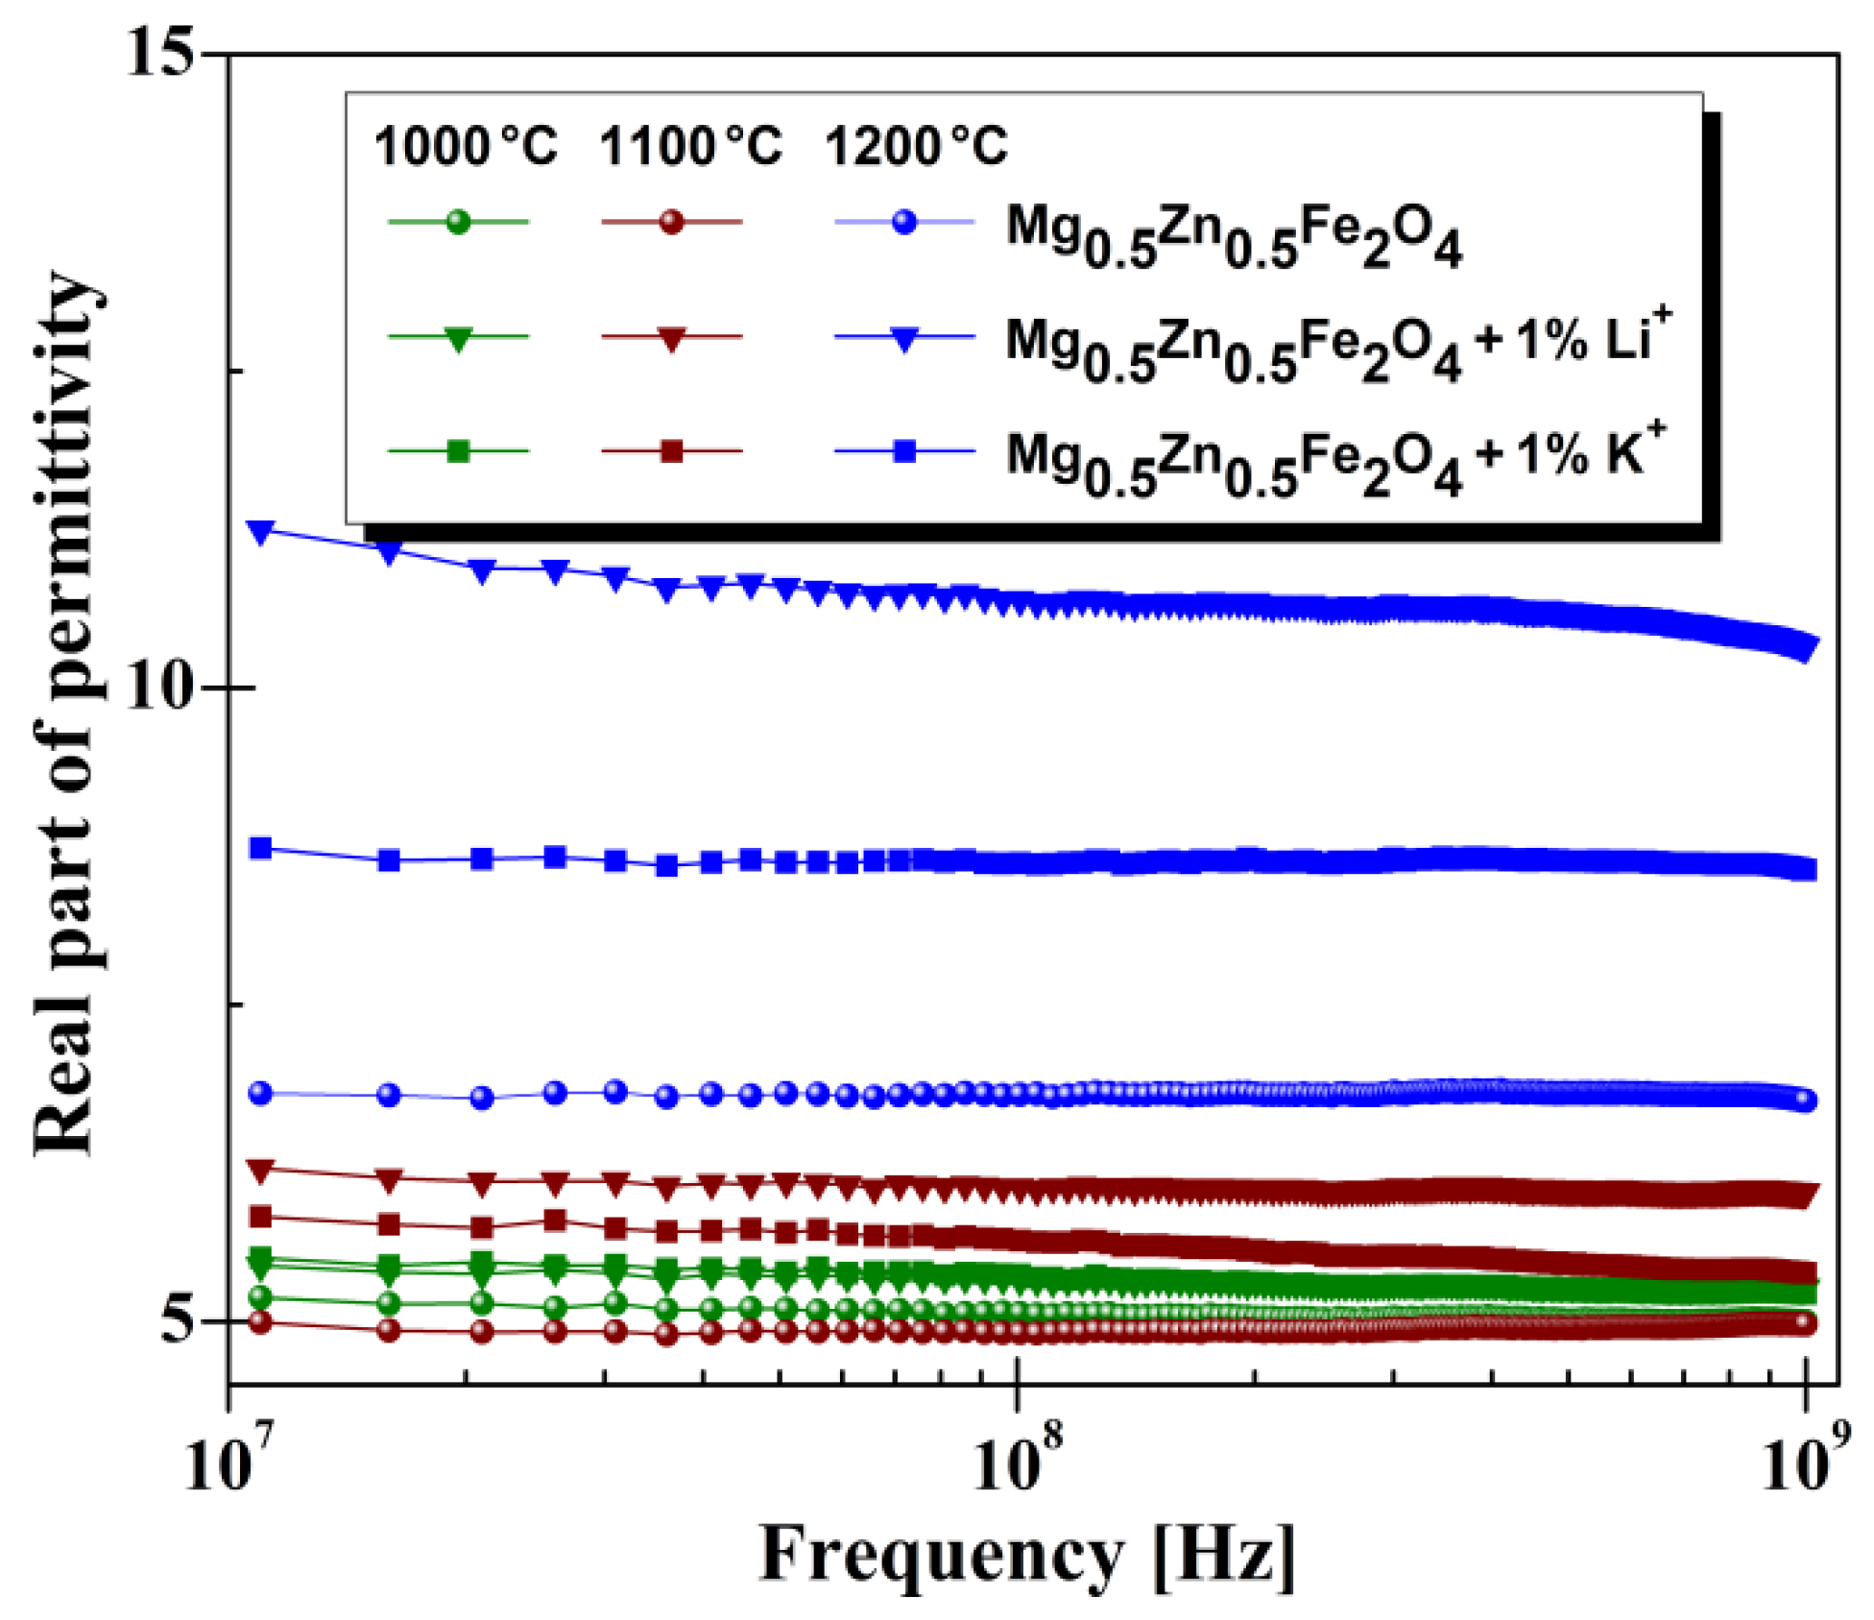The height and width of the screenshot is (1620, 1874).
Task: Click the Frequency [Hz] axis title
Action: (x=1027, y=1554)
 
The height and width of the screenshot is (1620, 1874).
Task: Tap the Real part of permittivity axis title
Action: (x=65, y=715)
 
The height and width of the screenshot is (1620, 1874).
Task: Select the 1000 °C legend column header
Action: (x=466, y=147)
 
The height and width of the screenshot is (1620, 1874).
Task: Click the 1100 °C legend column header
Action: (x=690, y=147)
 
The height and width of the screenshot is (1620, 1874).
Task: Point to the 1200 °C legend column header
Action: (x=916, y=147)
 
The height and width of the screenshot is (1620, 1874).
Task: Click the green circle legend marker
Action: (x=459, y=222)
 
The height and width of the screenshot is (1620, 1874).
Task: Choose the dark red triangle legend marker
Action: (x=672, y=338)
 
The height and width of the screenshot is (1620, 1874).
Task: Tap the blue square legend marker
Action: (x=904, y=450)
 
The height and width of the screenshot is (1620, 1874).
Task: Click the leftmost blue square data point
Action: (x=260, y=848)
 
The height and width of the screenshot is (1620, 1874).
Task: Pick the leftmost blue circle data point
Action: (x=260, y=1093)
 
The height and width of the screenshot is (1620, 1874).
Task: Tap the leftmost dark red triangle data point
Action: (x=260, y=1170)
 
